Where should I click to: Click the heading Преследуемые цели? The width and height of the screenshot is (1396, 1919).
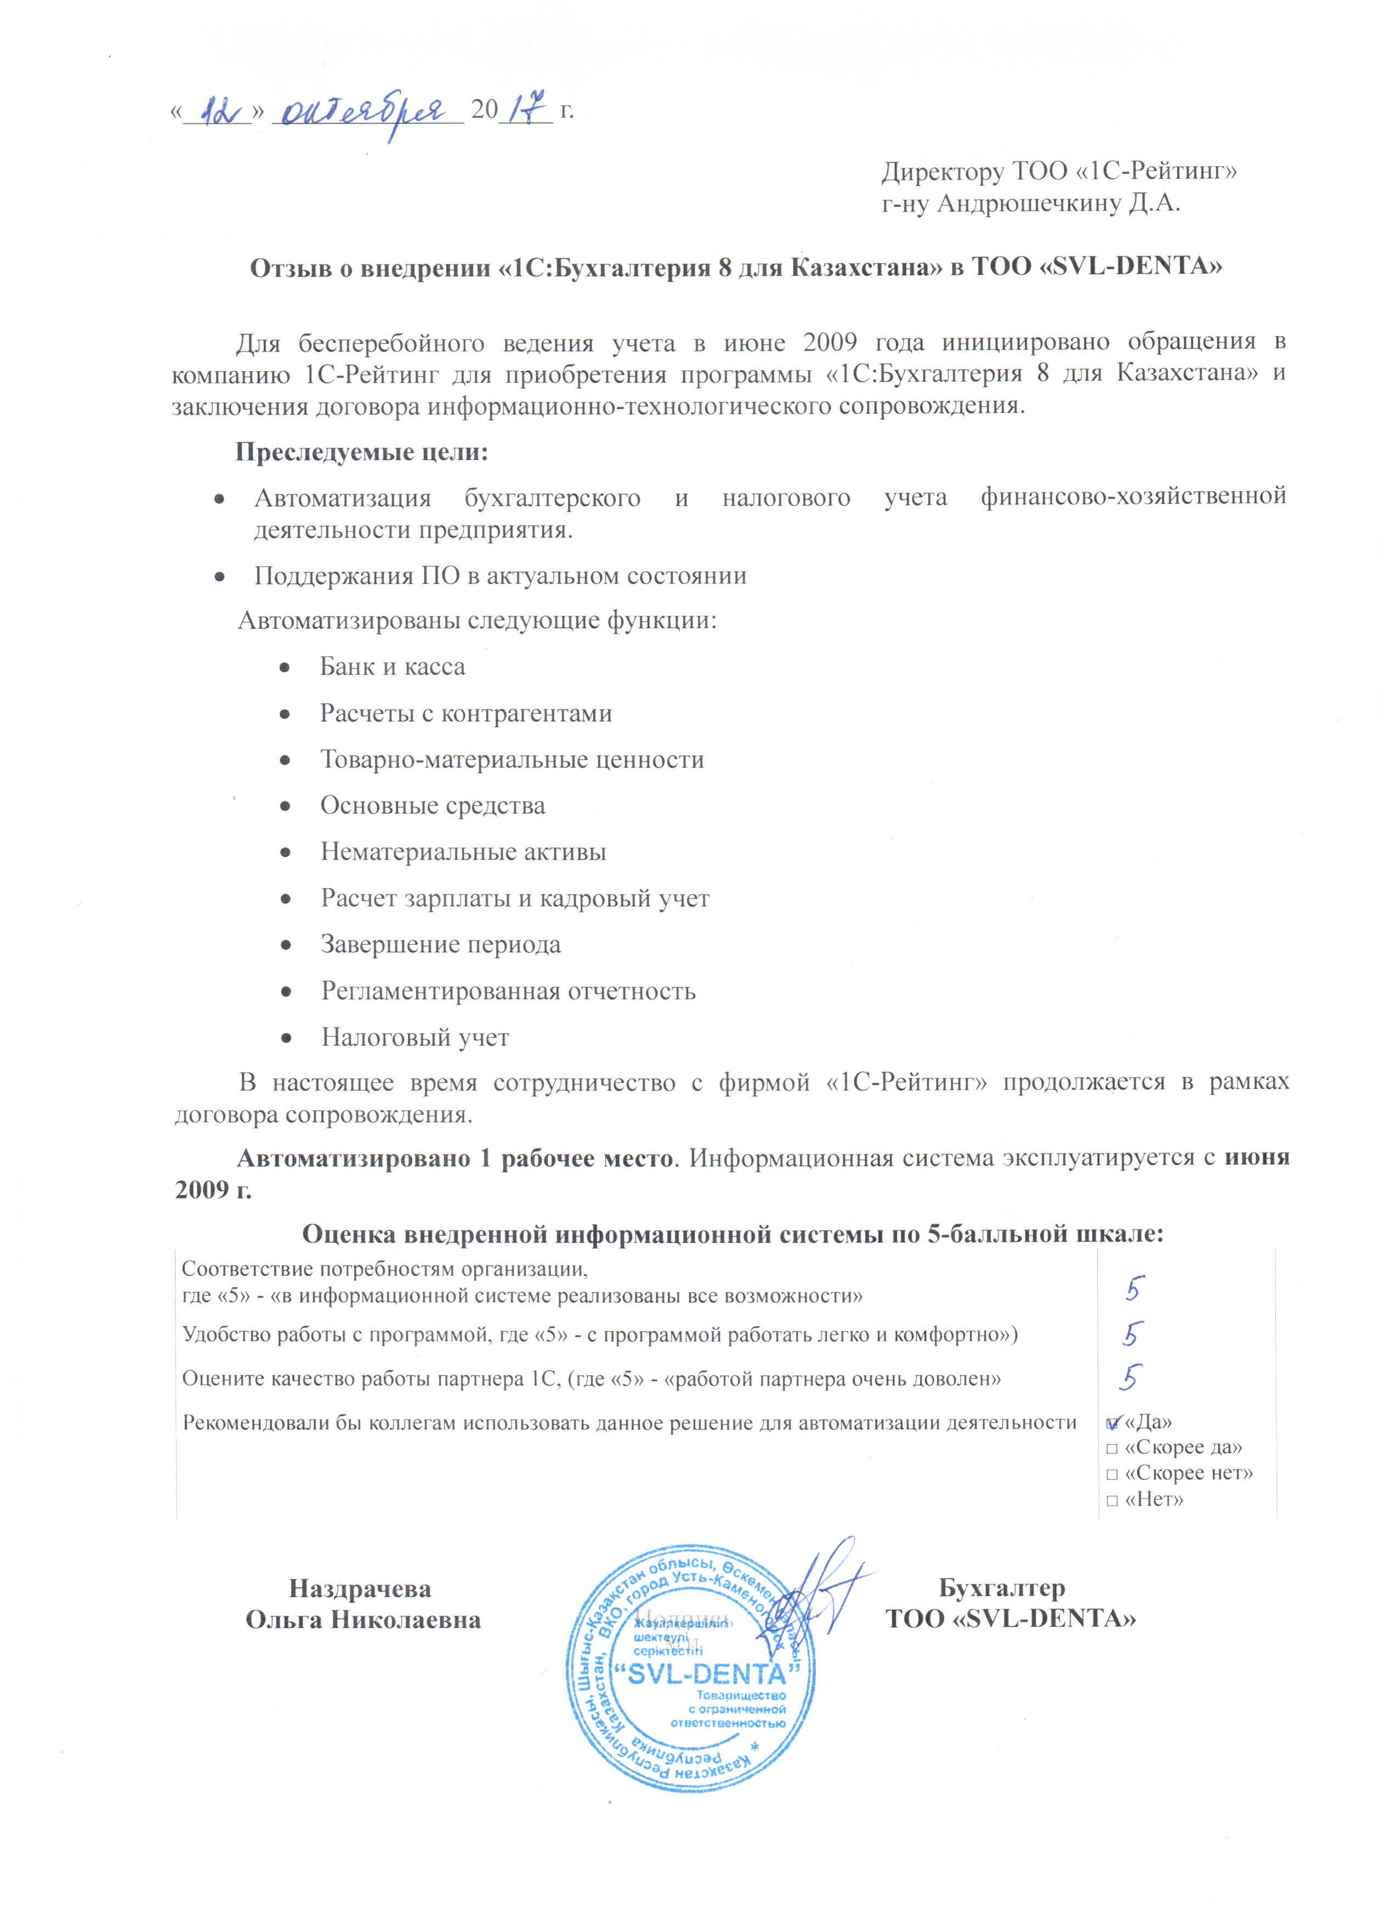tap(361, 453)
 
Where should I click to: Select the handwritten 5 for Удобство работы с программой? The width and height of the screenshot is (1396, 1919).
tap(1131, 1335)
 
